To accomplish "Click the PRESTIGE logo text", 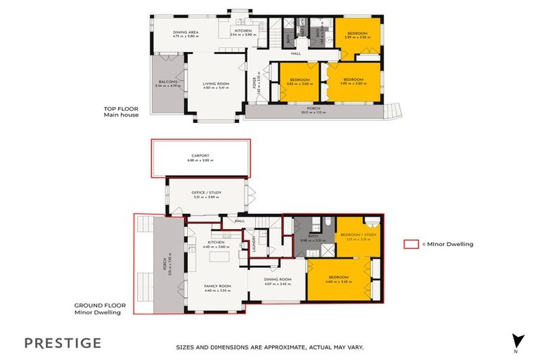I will click(x=63, y=343).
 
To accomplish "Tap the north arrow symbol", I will click(x=519, y=340).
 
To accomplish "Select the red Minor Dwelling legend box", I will click(x=411, y=244).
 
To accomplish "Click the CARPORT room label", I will click(x=200, y=156).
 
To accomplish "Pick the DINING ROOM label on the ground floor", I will click(x=277, y=279).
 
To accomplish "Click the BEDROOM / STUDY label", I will click(x=354, y=235).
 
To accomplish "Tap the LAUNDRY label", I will click(x=254, y=243).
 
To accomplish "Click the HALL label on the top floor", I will click(x=296, y=53).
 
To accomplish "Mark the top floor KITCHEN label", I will click(x=243, y=31).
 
